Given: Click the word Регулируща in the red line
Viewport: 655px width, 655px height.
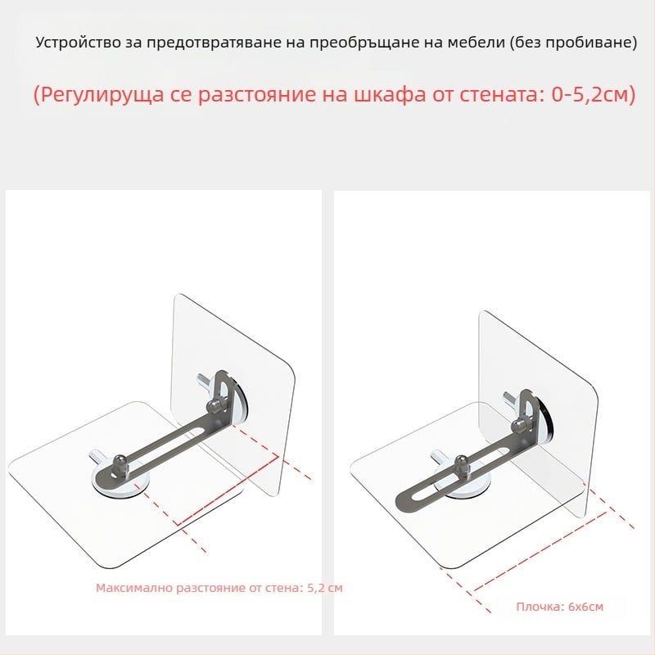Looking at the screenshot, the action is tap(98, 95).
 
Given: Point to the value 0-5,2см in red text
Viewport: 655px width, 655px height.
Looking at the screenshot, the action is tap(594, 95).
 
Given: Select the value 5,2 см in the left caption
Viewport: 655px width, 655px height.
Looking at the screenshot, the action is tap(325, 588).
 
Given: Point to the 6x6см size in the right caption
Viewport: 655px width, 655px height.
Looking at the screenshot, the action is tap(585, 607).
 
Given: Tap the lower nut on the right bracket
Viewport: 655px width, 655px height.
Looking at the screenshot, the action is tap(463, 463).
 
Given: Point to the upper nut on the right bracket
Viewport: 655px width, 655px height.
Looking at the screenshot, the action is tap(519, 426).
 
